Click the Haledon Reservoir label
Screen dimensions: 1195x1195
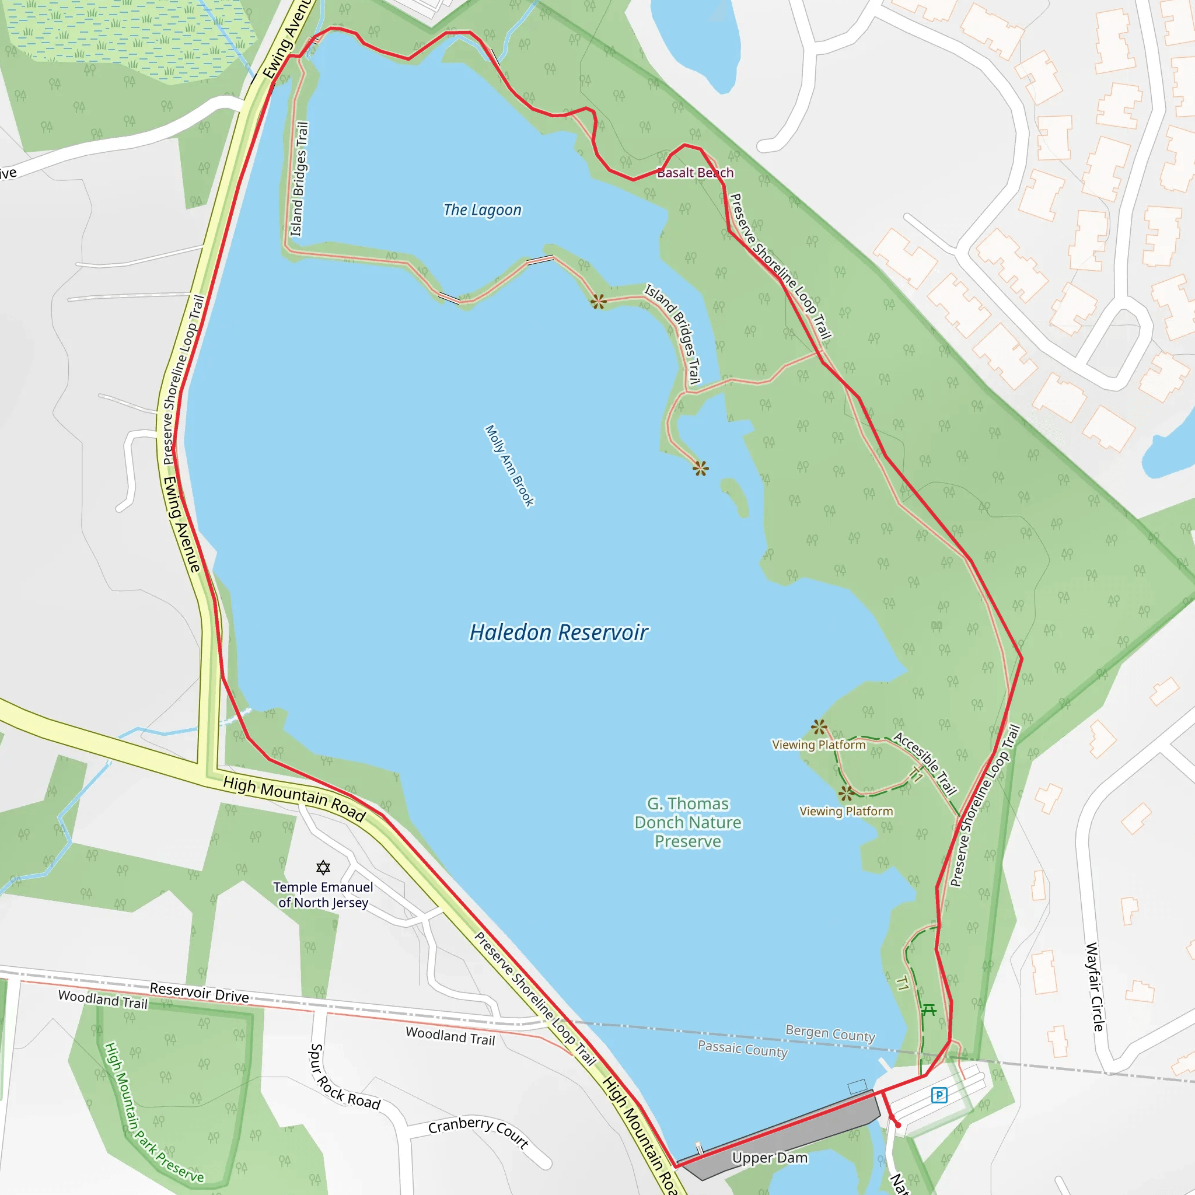pos(558,632)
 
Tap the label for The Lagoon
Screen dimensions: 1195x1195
pos(482,209)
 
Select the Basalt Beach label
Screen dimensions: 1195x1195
pos(695,173)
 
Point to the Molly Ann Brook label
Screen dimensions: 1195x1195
pos(509,466)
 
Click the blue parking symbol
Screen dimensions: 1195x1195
pos(939,1095)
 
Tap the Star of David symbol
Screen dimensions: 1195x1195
pos(323,867)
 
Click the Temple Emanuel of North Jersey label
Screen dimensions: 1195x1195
pos(323,894)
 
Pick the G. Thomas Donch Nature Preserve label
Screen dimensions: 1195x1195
pos(688,822)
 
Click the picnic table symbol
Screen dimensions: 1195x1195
pos(928,1011)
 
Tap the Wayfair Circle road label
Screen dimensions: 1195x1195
pos(1094,987)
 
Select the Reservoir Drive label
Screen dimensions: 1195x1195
pos(199,992)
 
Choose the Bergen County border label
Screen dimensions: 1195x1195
pos(830,1033)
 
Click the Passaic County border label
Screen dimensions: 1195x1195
pos(742,1049)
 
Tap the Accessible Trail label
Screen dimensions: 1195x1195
pos(925,764)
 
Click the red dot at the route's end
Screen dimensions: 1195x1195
pos(898,1125)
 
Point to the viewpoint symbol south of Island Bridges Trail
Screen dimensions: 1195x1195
pos(700,468)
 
